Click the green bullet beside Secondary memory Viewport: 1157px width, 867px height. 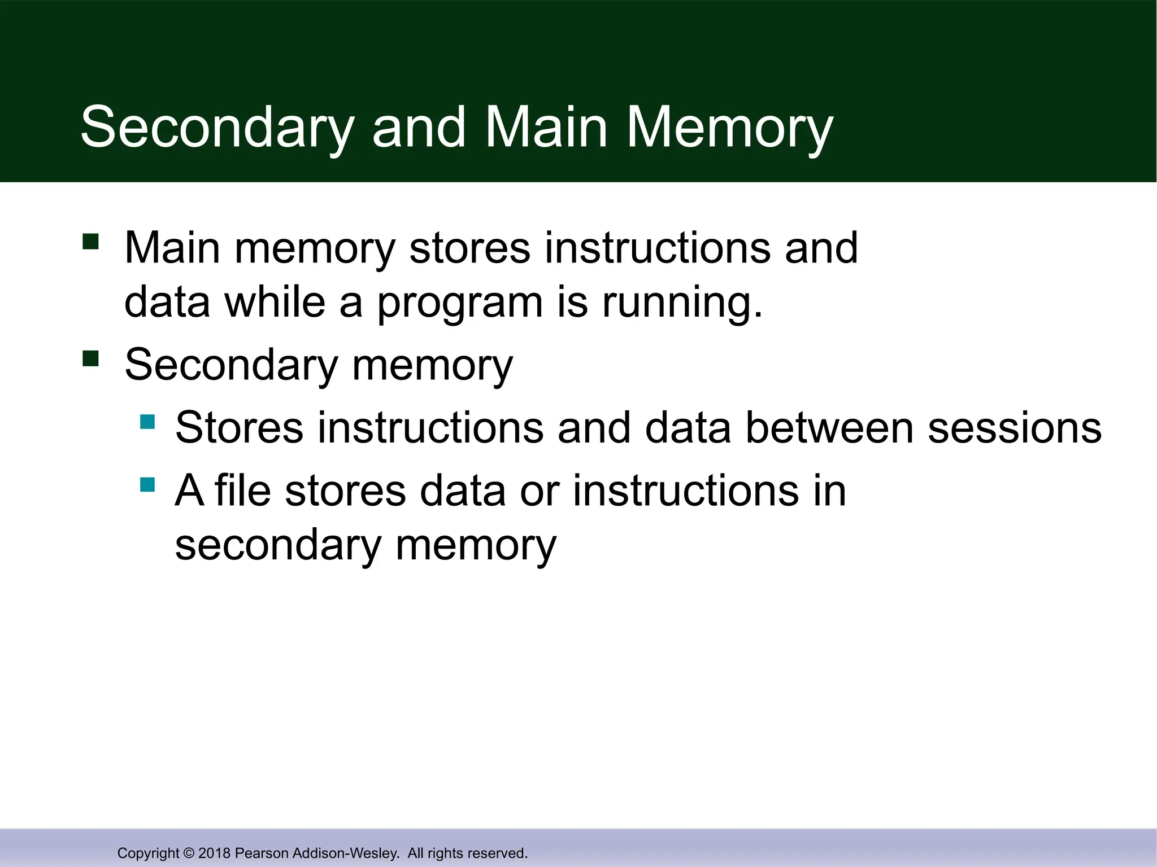90,358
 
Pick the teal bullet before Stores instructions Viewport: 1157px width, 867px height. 147,422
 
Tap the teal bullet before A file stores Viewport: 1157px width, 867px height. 147,484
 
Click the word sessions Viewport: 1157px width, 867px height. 1014,428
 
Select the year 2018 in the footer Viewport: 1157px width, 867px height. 214,853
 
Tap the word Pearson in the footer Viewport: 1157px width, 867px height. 262,853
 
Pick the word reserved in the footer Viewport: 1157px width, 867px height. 499,853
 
